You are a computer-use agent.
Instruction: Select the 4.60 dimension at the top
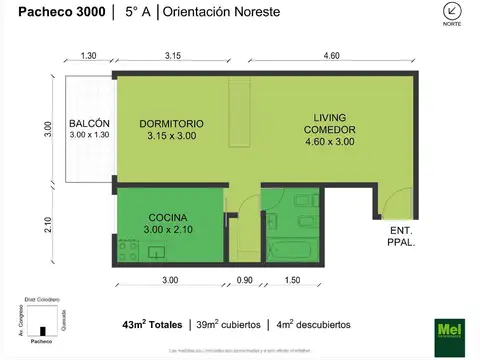click(331, 56)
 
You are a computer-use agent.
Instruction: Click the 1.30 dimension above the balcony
click(89, 56)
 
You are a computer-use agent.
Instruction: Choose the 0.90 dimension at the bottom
click(243, 280)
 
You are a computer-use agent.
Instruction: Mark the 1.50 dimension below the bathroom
click(291, 280)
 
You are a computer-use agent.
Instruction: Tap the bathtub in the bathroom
click(293, 249)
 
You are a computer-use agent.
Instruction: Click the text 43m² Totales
click(154, 325)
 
